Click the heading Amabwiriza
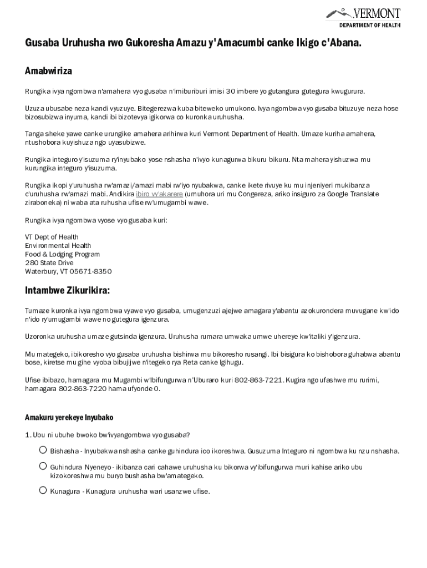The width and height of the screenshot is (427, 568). [48, 71]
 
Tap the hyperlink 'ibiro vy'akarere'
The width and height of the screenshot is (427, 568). [159, 194]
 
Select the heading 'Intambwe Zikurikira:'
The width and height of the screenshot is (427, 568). [67, 291]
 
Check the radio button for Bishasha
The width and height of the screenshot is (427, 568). [43, 450]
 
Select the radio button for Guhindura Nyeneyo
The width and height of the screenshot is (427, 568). [43, 466]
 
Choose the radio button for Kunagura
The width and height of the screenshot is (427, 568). [43, 490]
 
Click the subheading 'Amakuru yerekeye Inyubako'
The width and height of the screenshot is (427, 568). [69, 417]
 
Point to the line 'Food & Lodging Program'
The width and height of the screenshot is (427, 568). [62, 254]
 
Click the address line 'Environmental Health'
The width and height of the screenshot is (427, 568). [58, 246]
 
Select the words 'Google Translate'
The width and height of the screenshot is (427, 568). [353, 194]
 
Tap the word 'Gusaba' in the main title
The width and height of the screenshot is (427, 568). [42, 43]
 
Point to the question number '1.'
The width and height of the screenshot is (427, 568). [28, 434]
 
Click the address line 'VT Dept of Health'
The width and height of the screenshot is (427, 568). [52, 237]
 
